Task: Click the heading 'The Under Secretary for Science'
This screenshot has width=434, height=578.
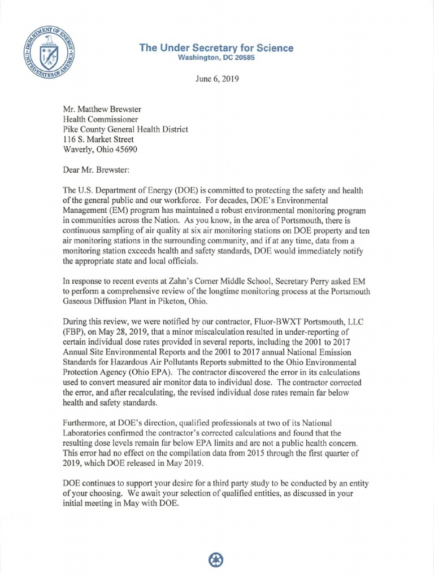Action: [x=216, y=48]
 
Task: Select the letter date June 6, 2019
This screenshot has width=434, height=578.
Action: [x=216, y=80]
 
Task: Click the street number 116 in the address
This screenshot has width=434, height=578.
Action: [x=70, y=139]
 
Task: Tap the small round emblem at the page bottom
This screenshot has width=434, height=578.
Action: [x=216, y=559]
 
